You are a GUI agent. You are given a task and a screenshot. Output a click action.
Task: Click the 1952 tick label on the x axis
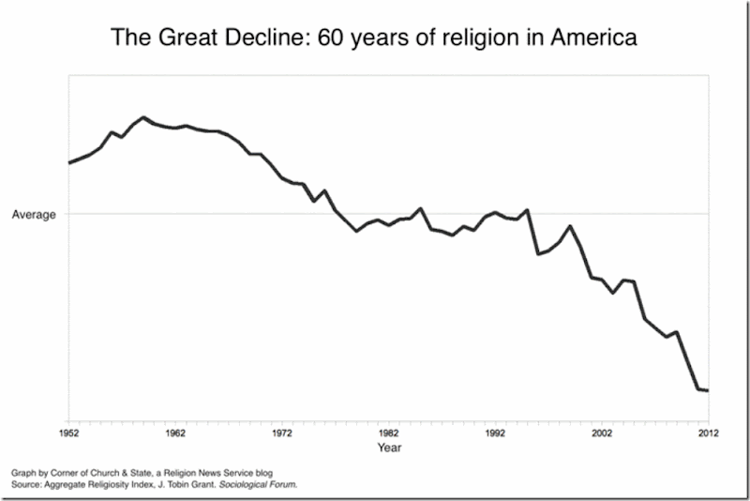pos(67,433)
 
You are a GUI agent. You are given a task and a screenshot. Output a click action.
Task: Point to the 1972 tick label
pos(281,433)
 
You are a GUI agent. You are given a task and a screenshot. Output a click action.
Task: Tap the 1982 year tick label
pos(388,433)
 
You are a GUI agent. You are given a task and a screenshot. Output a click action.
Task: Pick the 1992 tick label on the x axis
pos(495,433)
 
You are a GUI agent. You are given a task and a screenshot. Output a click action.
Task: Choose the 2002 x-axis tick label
pos(601,433)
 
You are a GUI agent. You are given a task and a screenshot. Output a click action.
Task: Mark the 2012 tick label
pos(707,433)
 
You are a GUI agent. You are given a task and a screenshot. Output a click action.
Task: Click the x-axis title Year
pos(389,448)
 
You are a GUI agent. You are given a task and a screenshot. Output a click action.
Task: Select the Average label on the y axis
pos(34,214)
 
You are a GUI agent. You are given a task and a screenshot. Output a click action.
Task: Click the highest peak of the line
pos(143,117)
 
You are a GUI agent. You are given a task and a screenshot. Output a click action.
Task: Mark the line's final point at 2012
pos(707,390)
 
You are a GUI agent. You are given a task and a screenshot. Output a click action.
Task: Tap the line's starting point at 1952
pos(68,162)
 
